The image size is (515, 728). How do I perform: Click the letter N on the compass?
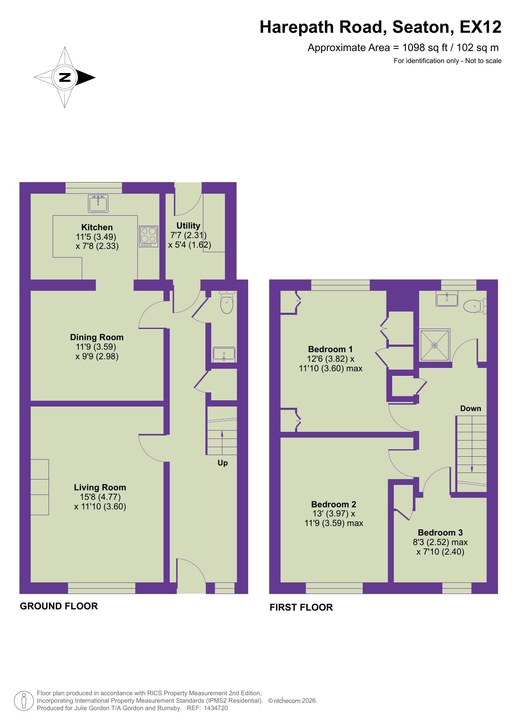tap(65, 78)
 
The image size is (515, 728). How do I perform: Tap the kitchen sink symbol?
tap(98, 203)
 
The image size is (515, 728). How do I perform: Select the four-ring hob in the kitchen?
tap(149, 236)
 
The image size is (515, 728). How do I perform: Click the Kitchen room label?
tap(97, 227)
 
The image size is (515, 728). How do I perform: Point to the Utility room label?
tap(188, 226)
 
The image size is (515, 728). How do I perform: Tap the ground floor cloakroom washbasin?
tap(224, 354)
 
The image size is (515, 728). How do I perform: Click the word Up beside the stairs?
tap(222, 463)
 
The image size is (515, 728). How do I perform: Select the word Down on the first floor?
tap(470, 409)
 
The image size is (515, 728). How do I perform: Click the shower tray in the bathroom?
tap(434, 345)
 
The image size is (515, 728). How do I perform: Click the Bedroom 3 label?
tap(440, 533)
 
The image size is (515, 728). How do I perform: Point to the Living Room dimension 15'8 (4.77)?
tap(100, 497)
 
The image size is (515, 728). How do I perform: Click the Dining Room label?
tap(97, 337)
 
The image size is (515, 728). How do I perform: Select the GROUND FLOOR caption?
tap(59, 606)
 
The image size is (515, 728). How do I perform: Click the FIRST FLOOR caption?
tap(301, 607)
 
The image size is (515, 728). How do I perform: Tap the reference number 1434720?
tap(213, 709)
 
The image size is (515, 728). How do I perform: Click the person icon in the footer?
tap(24, 701)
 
